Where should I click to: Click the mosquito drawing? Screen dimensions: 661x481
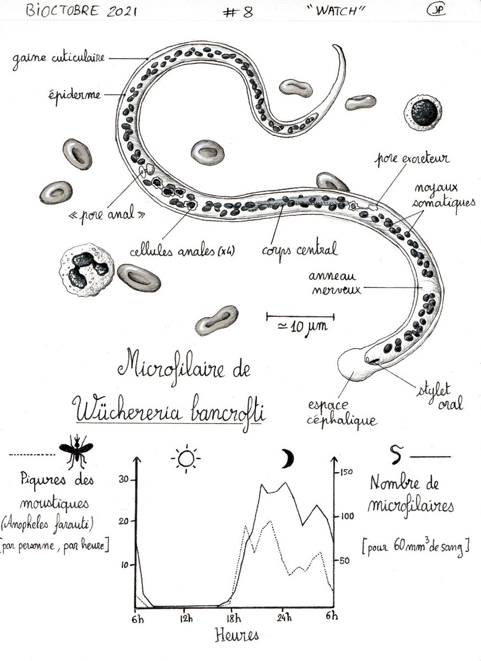coord(76,450)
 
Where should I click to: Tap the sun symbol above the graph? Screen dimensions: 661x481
coord(186,458)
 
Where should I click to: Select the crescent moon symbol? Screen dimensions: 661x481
coord(287,458)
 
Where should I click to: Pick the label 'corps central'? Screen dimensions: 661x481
coord(300,250)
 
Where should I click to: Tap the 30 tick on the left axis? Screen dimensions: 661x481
coord(126,479)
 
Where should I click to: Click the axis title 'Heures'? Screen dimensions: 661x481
coord(236,635)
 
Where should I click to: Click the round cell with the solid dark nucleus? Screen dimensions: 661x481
coord(423,113)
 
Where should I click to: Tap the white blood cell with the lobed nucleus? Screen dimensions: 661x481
coord(87,270)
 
